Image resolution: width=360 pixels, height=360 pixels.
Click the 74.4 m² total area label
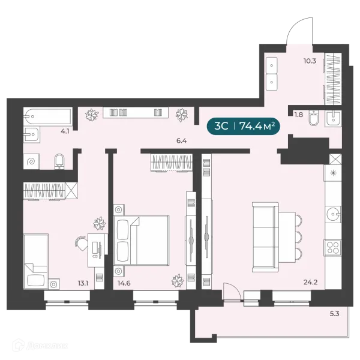tap(257, 126)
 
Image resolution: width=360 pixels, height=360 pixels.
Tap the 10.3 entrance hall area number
tap(310, 61)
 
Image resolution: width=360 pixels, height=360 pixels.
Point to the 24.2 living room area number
tap(310, 282)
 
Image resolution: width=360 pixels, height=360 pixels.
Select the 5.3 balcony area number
tap(335, 313)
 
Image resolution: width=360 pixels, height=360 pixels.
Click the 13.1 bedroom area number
tap(83, 283)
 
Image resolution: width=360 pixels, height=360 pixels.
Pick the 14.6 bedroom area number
tap(124, 283)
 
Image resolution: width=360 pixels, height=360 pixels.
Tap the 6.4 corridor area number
tap(181, 141)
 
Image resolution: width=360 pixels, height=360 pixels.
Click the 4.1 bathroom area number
tap(65, 131)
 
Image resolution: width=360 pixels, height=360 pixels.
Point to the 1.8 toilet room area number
tap(299, 115)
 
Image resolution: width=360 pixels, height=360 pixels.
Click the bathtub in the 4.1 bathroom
tap(48, 116)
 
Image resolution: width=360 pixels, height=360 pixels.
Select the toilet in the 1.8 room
tap(313, 118)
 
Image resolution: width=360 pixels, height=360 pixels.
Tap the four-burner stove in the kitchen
tap(332, 248)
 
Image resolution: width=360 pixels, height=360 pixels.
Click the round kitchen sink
tap(333, 214)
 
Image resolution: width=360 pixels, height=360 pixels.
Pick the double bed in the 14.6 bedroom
tap(142, 240)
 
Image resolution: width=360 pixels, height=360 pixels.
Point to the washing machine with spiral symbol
tap(31, 161)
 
